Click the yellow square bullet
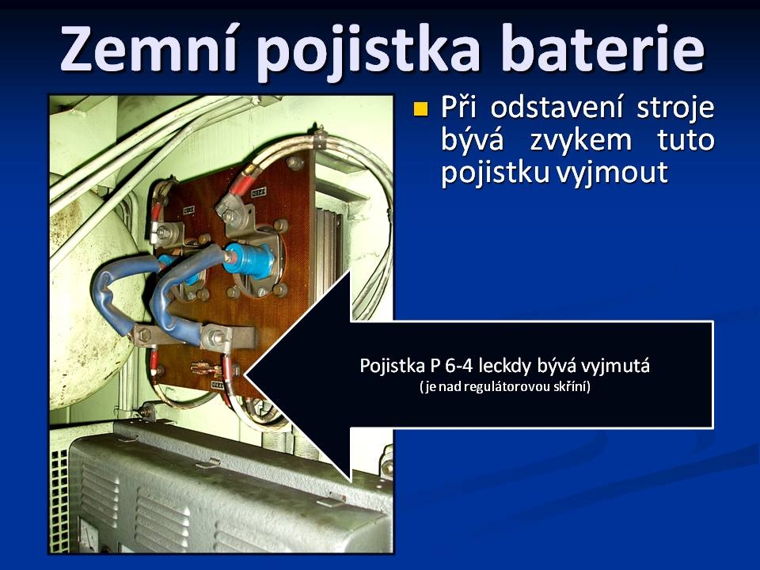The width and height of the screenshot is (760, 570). [x=420, y=109]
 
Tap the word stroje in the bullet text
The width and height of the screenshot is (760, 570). [x=675, y=108]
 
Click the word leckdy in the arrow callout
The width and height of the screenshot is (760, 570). [x=503, y=366]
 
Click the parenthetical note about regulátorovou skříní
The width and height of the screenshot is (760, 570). [x=505, y=387]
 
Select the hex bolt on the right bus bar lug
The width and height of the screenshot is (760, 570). [x=215, y=335]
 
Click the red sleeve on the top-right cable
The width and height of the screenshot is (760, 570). [x=241, y=181]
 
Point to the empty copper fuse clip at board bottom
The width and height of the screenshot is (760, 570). [x=207, y=370]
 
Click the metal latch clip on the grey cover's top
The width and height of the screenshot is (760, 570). [x=208, y=464]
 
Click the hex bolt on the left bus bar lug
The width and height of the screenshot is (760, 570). [x=143, y=333]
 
